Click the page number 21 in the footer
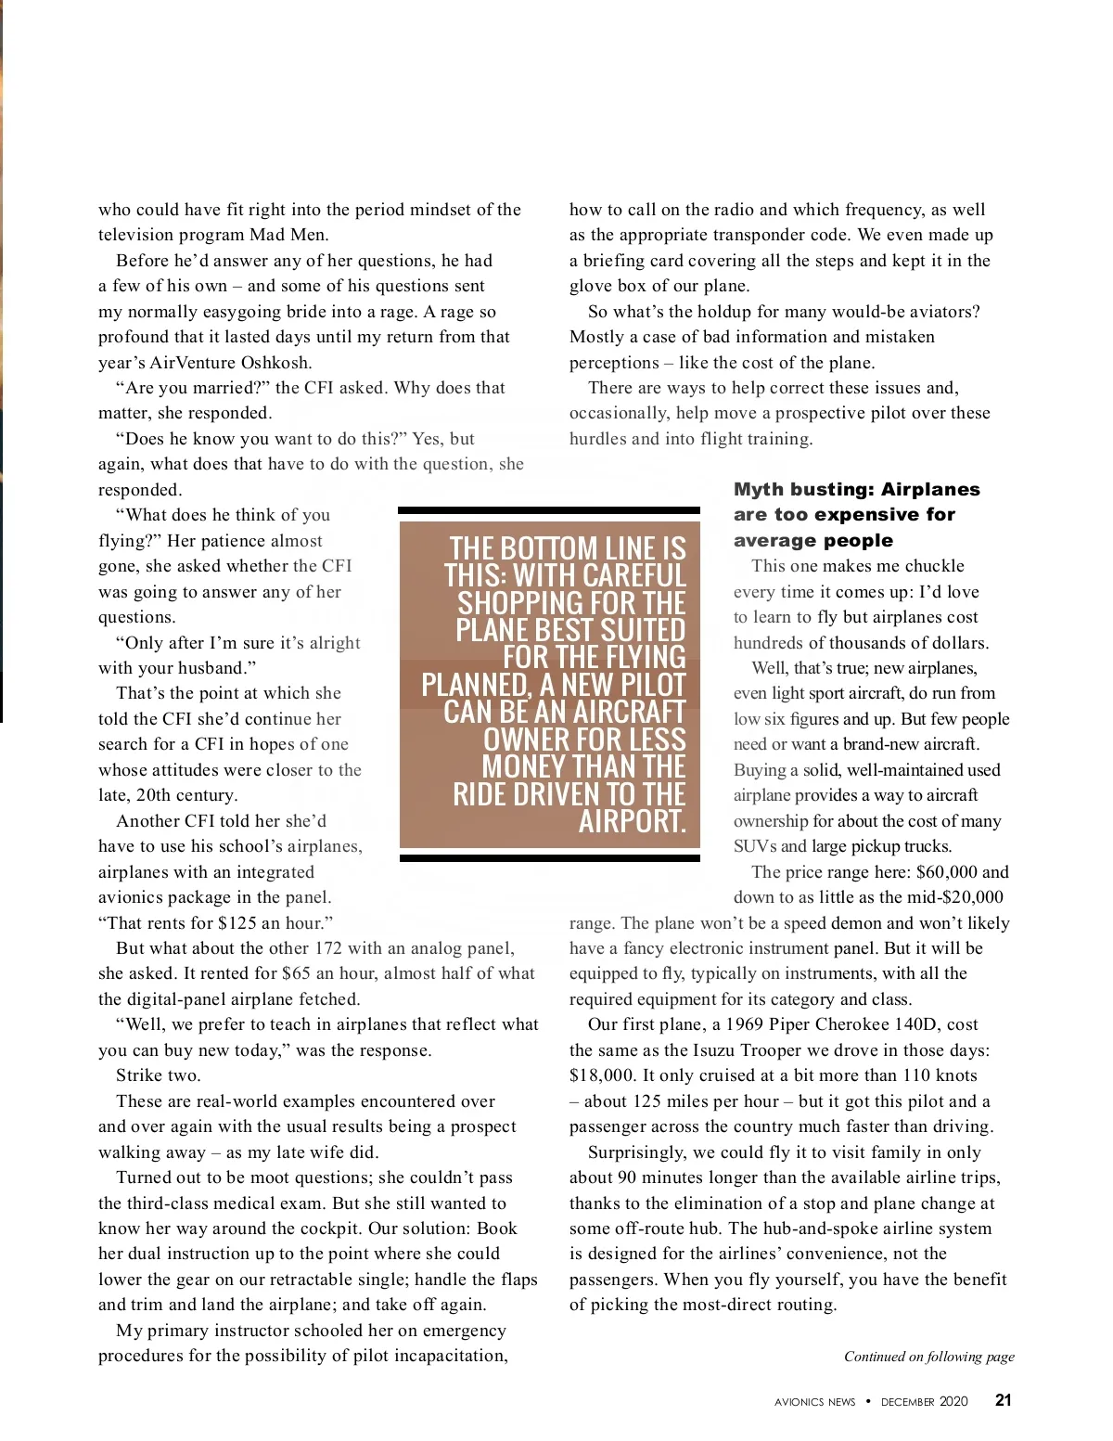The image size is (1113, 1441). [x=1003, y=1400]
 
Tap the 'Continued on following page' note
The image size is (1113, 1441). [x=928, y=1357]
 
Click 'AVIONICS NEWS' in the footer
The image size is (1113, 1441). [x=814, y=1402]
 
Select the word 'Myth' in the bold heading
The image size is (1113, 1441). [x=758, y=489]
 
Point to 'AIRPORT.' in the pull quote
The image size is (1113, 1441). [x=632, y=821]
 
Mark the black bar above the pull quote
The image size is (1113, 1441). [x=549, y=510]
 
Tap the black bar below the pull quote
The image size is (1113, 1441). [x=549, y=858]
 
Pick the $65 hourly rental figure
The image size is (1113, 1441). [x=296, y=973]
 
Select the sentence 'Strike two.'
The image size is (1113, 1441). [x=158, y=1075]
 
